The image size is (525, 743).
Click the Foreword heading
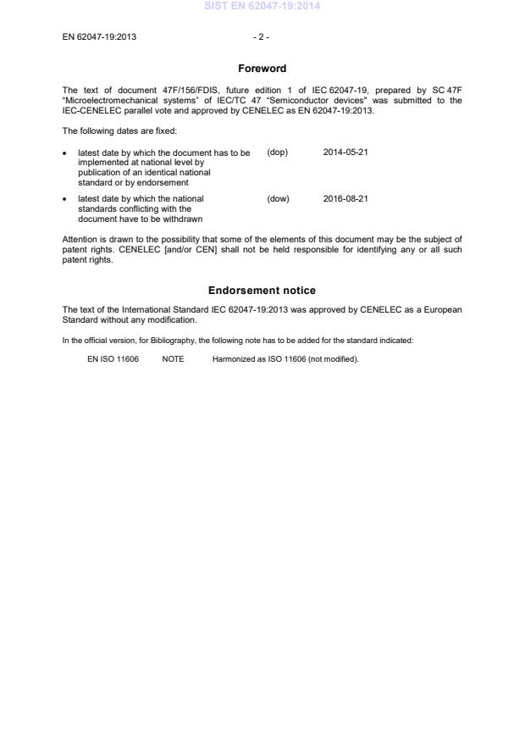click(x=262, y=69)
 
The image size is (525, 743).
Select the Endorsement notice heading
click(x=262, y=291)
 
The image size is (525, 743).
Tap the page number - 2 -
click(x=262, y=37)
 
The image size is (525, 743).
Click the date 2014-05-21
click(x=345, y=152)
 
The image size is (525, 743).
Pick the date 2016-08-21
click(x=345, y=199)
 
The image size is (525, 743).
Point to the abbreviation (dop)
click(x=278, y=152)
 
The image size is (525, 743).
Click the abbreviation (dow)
click(x=278, y=199)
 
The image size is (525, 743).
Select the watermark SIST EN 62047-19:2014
click(x=262, y=7)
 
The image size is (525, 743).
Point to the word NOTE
click(x=173, y=359)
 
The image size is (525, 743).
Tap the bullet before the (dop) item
click(x=66, y=153)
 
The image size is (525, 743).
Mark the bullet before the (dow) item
click(x=66, y=200)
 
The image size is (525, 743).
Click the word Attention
click(x=81, y=240)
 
